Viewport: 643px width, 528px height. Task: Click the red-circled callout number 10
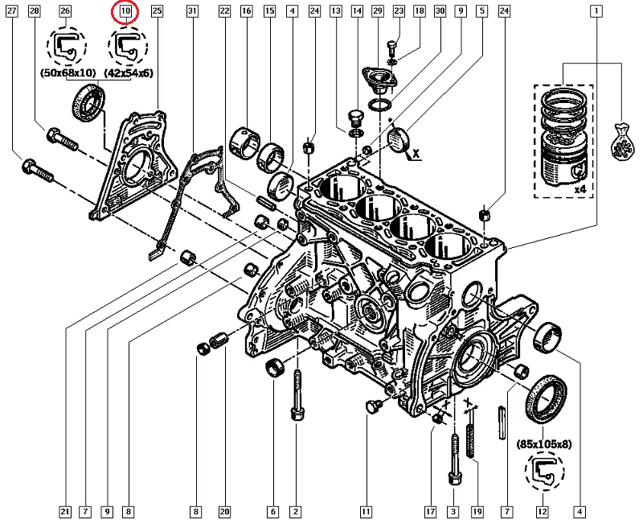[x=125, y=11]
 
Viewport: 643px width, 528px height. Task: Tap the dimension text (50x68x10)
[x=68, y=72]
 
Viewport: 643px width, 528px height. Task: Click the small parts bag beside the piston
[x=622, y=142]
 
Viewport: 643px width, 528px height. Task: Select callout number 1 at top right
[x=596, y=11]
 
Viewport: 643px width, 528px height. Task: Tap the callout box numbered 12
[x=543, y=511]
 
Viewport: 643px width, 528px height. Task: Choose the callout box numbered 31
[x=191, y=11]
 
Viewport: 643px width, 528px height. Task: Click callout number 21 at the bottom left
[x=63, y=511]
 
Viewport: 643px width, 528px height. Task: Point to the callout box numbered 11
[x=366, y=511]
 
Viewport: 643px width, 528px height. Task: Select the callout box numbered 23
[x=398, y=11]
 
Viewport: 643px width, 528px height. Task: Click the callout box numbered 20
[x=224, y=511]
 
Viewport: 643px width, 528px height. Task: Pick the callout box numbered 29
[x=377, y=11]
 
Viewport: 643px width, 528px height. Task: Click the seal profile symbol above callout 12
[x=543, y=472]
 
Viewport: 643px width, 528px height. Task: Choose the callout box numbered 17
[x=431, y=511]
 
